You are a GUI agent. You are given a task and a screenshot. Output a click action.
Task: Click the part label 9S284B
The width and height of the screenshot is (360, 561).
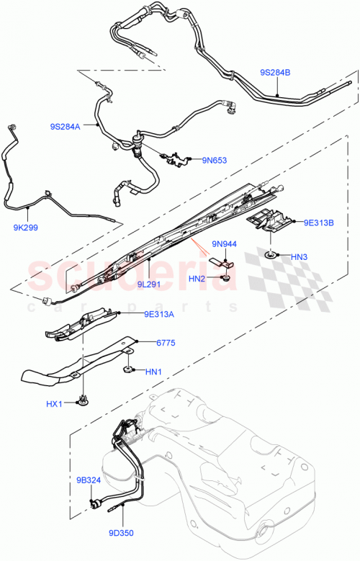click(x=275, y=73)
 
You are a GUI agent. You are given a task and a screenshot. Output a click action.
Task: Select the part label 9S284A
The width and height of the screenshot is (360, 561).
click(x=66, y=127)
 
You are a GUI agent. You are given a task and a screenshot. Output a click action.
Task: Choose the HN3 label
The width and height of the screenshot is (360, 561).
click(x=300, y=256)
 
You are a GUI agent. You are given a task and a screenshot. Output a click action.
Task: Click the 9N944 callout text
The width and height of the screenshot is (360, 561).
click(x=224, y=244)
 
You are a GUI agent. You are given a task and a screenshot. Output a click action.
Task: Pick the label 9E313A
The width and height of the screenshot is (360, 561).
click(x=161, y=313)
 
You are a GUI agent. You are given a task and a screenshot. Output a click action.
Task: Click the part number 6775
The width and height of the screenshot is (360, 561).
click(x=166, y=345)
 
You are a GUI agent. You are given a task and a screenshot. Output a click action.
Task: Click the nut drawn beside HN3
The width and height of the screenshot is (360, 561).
click(x=271, y=256)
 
